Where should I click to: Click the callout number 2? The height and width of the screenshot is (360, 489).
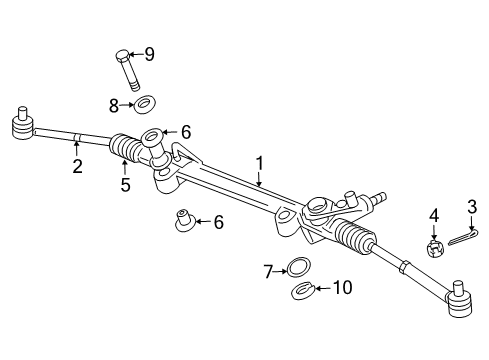click(x=77, y=167)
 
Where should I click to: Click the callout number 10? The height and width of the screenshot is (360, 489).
click(x=343, y=288)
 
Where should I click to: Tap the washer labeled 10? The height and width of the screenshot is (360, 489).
click(x=303, y=291)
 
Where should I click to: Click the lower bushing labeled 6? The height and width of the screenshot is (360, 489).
click(x=184, y=219)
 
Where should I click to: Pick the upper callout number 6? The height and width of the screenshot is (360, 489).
click(x=186, y=130)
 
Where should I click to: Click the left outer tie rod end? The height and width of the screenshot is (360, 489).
click(x=20, y=124)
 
